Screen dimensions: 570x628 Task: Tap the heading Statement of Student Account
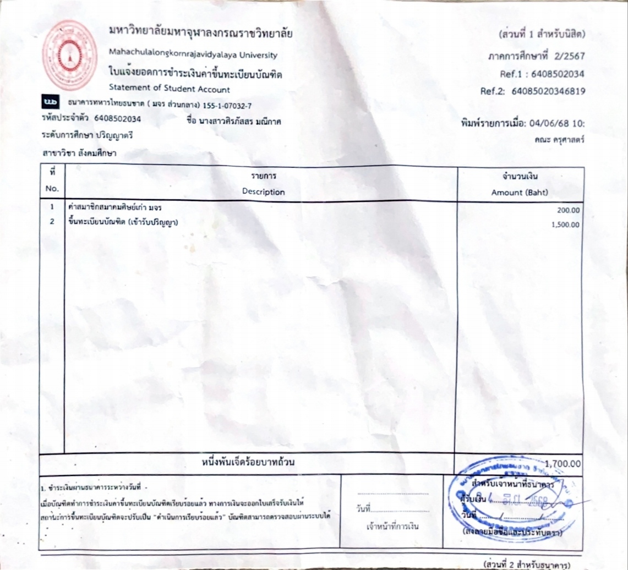[x=170, y=89]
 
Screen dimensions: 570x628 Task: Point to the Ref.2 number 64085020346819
[x=548, y=91]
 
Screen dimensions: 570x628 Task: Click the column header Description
[x=263, y=192]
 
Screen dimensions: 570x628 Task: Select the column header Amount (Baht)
[x=520, y=193]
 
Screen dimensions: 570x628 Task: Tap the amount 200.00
[x=569, y=210]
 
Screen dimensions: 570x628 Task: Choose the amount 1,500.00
[x=566, y=224]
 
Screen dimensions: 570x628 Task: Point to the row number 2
[x=52, y=222]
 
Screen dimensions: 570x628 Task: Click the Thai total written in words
[x=248, y=462]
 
